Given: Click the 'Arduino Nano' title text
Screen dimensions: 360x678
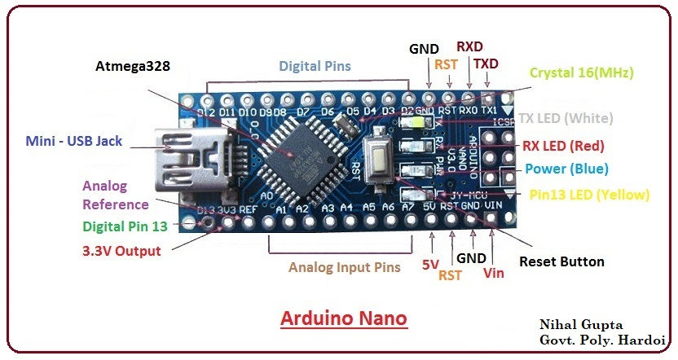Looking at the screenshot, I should [343, 317].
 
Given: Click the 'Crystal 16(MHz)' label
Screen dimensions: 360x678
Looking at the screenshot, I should [581, 72].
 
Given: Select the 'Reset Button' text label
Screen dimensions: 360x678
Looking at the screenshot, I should [561, 261].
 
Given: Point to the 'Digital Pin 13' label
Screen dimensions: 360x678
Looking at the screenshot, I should [126, 226].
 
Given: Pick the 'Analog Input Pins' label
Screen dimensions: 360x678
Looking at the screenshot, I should [345, 266].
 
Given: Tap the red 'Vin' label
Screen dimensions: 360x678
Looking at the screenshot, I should [493, 273].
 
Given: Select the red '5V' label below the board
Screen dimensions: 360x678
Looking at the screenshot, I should [430, 265].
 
